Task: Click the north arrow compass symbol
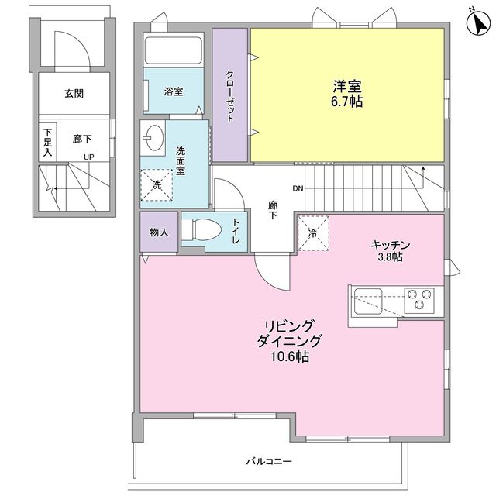478,22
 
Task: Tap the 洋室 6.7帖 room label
347,94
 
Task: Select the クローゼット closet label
230,96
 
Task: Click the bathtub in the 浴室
174,50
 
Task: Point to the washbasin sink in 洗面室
153,138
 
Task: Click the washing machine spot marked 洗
157,185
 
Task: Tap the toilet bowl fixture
201,230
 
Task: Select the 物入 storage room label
159,232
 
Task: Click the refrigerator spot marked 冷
313,233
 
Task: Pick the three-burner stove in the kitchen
419,299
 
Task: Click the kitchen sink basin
368,301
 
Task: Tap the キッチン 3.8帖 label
391,251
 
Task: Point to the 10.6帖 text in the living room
290,356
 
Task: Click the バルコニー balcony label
269,462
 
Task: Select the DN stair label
298,188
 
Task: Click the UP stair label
89,157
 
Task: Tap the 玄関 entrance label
74,94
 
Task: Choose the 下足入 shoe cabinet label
47,142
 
